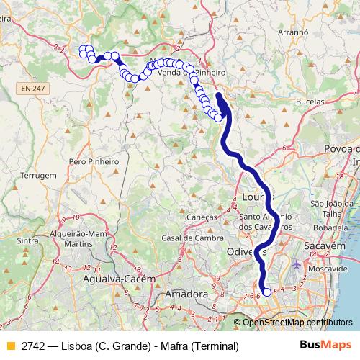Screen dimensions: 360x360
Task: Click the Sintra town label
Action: tap(27, 241)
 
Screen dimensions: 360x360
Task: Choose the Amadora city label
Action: tap(185, 294)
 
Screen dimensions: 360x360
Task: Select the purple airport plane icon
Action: tap(298, 264)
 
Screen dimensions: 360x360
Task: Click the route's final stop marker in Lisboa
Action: tap(267, 292)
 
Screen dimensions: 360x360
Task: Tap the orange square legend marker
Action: tap(9, 346)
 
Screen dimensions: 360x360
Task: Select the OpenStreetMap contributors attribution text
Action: tap(297, 323)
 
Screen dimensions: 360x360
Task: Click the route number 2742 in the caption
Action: tap(32, 346)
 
